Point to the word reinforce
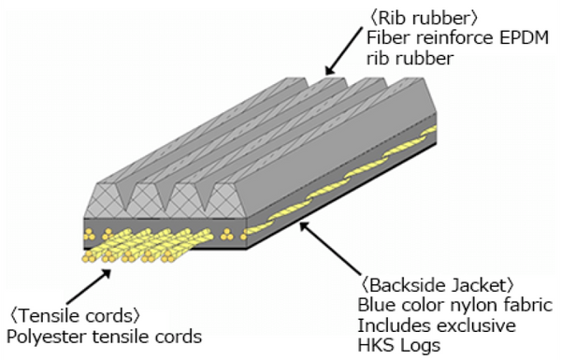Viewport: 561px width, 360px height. [x=447, y=38]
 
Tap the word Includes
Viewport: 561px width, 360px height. [x=390, y=326]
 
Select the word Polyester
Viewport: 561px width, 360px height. [x=41, y=335]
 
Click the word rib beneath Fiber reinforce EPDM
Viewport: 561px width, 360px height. [x=379, y=58]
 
